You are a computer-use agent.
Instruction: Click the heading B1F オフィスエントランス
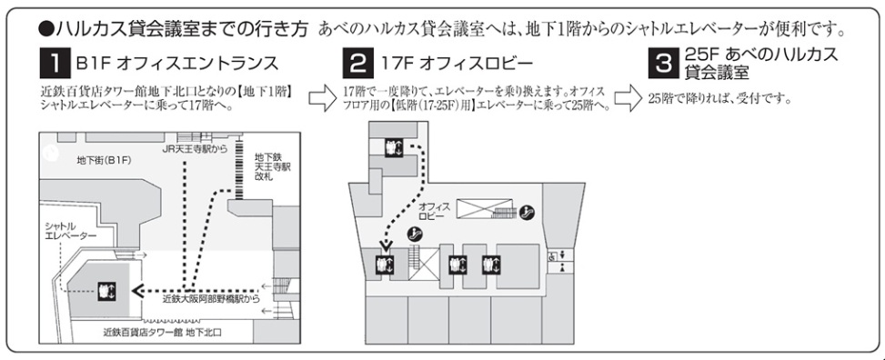tap(177, 64)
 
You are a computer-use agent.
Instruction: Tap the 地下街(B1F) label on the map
tap(104, 161)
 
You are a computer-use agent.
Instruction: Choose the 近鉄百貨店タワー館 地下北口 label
tap(163, 333)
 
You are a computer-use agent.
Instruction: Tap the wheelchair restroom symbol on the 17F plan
tap(551, 256)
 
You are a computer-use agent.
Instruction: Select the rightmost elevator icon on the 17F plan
tap(491, 265)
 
